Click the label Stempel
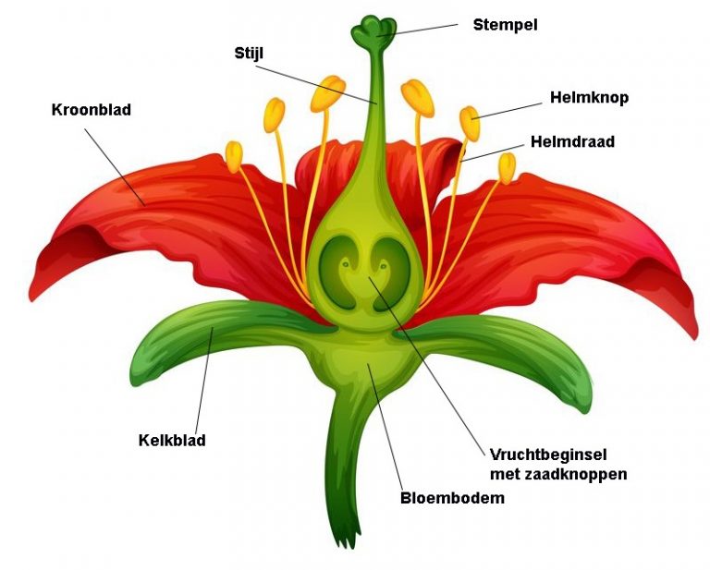(505, 25)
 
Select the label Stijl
(249, 53)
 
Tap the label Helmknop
(589, 97)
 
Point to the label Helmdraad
(572, 142)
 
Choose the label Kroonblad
(92, 110)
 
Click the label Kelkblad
(171, 440)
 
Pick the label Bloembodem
(452, 499)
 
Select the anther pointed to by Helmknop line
(470, 124)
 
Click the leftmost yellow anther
(234, 155)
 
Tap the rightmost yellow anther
(507, 167)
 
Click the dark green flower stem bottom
(345, 499)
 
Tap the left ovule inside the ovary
(342, 268)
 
